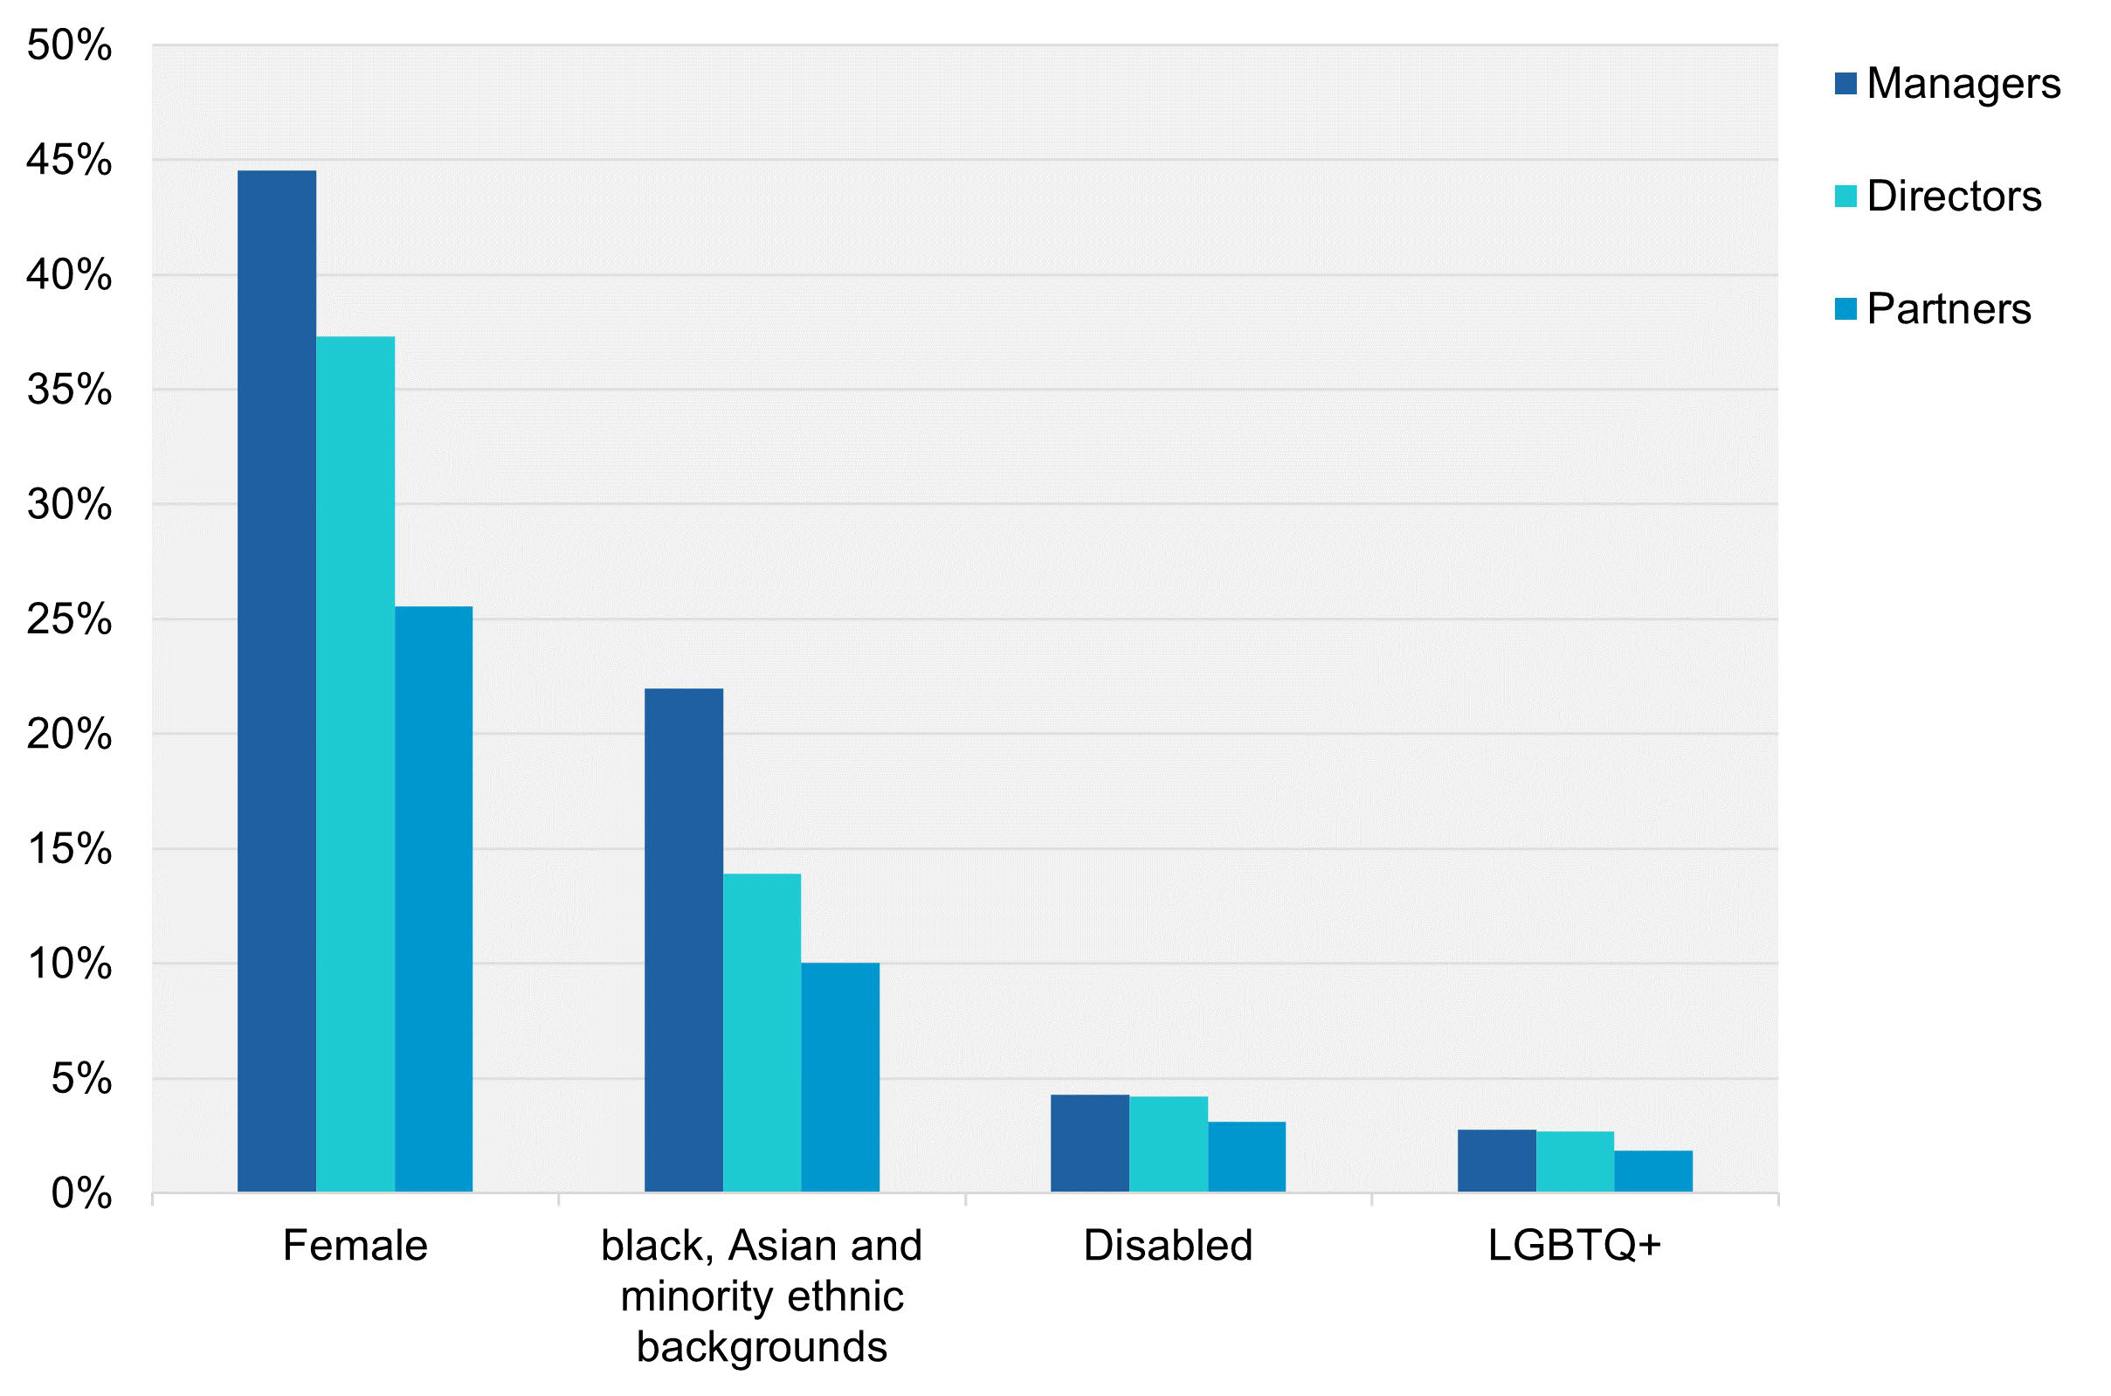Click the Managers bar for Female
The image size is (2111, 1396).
pyautogui.click(x=277, y=681)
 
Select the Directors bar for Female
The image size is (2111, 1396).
pyautogui.click(x=355, y=764)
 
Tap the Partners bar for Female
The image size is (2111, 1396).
pyautogui.click(x=433, y=899)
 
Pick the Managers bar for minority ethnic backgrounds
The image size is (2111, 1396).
pyautogui.click(x=684, y=940)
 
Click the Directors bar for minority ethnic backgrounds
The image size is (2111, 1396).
pyautogui.click(x=762, y=1033)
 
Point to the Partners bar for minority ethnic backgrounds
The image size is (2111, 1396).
pyautogui.click(x=840, y=1077)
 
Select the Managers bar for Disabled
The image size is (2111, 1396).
pyautogui.click(x=1089, y=1144)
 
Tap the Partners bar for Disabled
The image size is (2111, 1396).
pyautogui.click(x=1246, y=1157)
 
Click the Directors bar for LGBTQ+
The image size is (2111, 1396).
pyautogui.click(x=1575, y=1162)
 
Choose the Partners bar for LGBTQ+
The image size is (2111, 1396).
pyautogui.click(x=1652, y=1171)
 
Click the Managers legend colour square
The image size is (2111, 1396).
pyautogui.click(x=1845, y=84)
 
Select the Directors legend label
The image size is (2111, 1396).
pyautogui.click(x=1954, y=196)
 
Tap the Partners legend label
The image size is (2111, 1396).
pyautogui.click(x=1949, y=309)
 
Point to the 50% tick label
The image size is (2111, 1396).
pyautogui.click(x=69, y=45)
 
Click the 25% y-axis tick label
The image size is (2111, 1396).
pyautogui.click(x=69, y=619)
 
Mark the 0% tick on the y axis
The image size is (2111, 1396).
pyautogui.click(x=81, y=1194)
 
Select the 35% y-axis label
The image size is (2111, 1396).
pyautogui.click(x=69, y=390)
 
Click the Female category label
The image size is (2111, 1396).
pyautogui.click(x=355, y=1245)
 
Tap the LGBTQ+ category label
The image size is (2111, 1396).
pyautogui.click(x=1575, y=1245)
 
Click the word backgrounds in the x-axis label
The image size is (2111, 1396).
pyautogui.click(x=762, y=1347)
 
